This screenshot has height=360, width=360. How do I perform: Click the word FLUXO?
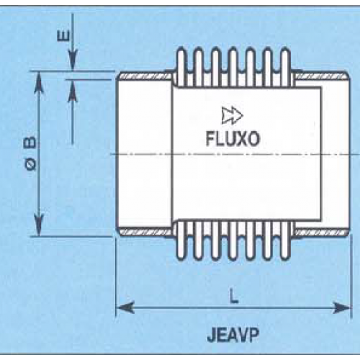tap(233, 139)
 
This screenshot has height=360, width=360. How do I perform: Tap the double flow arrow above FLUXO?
tap(232, 115)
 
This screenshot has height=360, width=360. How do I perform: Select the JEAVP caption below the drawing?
tap(233, 335)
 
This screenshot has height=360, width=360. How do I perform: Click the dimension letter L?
tap(233, 296)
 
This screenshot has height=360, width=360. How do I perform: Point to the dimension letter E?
tap(63, 36)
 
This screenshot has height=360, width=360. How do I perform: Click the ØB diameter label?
tap(31, 153)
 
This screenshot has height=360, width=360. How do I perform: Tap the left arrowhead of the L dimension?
tap(125, 307)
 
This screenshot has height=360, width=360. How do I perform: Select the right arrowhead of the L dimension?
tap(342, 307)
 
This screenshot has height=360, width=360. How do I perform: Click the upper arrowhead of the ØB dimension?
tap(39, 82)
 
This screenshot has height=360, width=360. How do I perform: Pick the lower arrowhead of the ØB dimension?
tap(39, 225)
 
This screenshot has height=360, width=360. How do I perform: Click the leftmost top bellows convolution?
tap(181, 67)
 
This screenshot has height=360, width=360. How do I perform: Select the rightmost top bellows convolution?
tap(285, 67)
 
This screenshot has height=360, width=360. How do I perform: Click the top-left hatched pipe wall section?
tap(145, 76)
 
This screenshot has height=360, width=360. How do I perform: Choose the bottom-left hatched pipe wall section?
tap(145, 233)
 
